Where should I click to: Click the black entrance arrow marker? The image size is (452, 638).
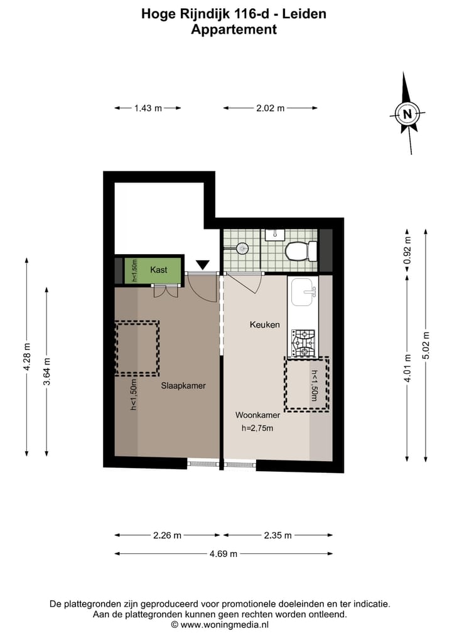coord(203,266)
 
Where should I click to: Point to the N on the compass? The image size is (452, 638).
coord(408,114)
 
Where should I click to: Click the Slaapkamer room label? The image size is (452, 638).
coord(183,385)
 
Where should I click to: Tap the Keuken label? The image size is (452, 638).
coord(264,324)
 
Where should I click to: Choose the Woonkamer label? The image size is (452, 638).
coord(257,415)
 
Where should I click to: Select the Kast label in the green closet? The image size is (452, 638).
coord(159,270)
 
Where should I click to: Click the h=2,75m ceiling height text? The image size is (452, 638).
coord(257,429)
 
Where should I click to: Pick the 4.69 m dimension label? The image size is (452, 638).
coord(223,553)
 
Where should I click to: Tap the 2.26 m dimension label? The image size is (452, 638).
coord(167,535)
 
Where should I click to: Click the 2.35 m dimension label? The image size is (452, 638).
coord(277,535)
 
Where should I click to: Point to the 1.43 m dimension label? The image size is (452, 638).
coord(148,108)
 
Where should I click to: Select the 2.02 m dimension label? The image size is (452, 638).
coord(270,108)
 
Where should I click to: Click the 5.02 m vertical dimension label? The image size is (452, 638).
coord(426,344)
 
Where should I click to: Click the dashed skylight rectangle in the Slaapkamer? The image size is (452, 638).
coord(136,348)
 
